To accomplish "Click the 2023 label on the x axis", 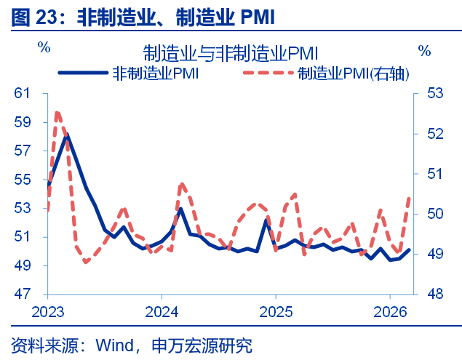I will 47,311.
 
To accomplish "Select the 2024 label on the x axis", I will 162,311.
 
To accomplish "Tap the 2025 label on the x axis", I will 275,311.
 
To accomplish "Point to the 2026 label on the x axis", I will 389,311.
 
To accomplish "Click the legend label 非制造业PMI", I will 156,73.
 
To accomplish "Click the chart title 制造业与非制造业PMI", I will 231,52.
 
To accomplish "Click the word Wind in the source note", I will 113,345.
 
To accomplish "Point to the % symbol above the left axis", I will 44,48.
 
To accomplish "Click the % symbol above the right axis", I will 424,51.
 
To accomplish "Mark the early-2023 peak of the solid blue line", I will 66,135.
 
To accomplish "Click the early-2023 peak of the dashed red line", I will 57,113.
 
